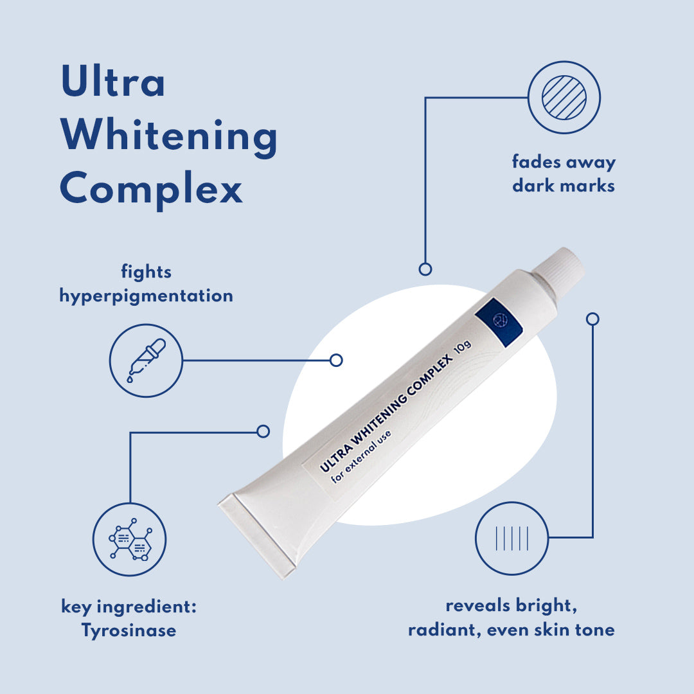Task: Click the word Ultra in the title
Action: point(113,80)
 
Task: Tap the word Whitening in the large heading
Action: point(168,136)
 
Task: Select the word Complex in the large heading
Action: point(151,190)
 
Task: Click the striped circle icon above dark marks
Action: point(564,98)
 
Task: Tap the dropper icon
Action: point(146,360)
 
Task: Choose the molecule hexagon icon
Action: point(130,539)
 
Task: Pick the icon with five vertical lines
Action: point(512,538)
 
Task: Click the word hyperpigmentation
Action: point(146,296)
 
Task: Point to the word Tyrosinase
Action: point(129,630)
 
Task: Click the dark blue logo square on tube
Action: point(499,322)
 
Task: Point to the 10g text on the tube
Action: point(463,346)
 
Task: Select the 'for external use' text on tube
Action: point(361,456)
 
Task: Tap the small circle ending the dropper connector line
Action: point(336,360)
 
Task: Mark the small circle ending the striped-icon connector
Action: point(425,269)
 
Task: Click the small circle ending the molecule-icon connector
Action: point(263,431)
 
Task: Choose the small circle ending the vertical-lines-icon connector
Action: point(592,319)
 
